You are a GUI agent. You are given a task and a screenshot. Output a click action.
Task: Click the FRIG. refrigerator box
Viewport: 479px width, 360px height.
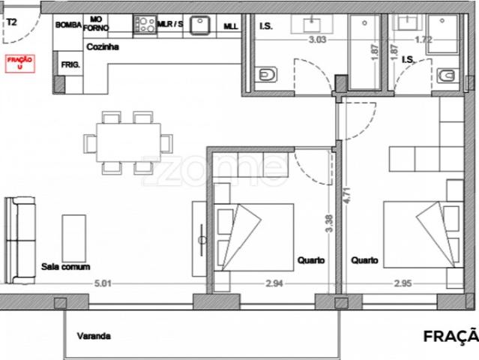coord(70,65)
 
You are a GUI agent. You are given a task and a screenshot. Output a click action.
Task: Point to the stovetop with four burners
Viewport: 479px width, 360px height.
coord(145,24)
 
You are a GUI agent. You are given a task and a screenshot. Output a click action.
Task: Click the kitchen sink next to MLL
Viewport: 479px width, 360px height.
coord(199,24)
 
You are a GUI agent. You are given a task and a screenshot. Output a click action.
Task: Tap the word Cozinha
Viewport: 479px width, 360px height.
coord(101,46)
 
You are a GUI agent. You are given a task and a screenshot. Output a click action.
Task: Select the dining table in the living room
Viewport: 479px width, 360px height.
coord(127,141)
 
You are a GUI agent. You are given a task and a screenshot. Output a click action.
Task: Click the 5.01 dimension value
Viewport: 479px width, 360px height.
coord(102,283)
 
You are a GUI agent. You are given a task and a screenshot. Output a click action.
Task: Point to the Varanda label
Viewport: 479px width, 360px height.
coord(94,337)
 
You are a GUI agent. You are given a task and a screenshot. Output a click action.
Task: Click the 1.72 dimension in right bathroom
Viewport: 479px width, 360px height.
coord(424,39)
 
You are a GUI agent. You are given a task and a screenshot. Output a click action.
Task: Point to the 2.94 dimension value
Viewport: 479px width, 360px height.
coord(273,283)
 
